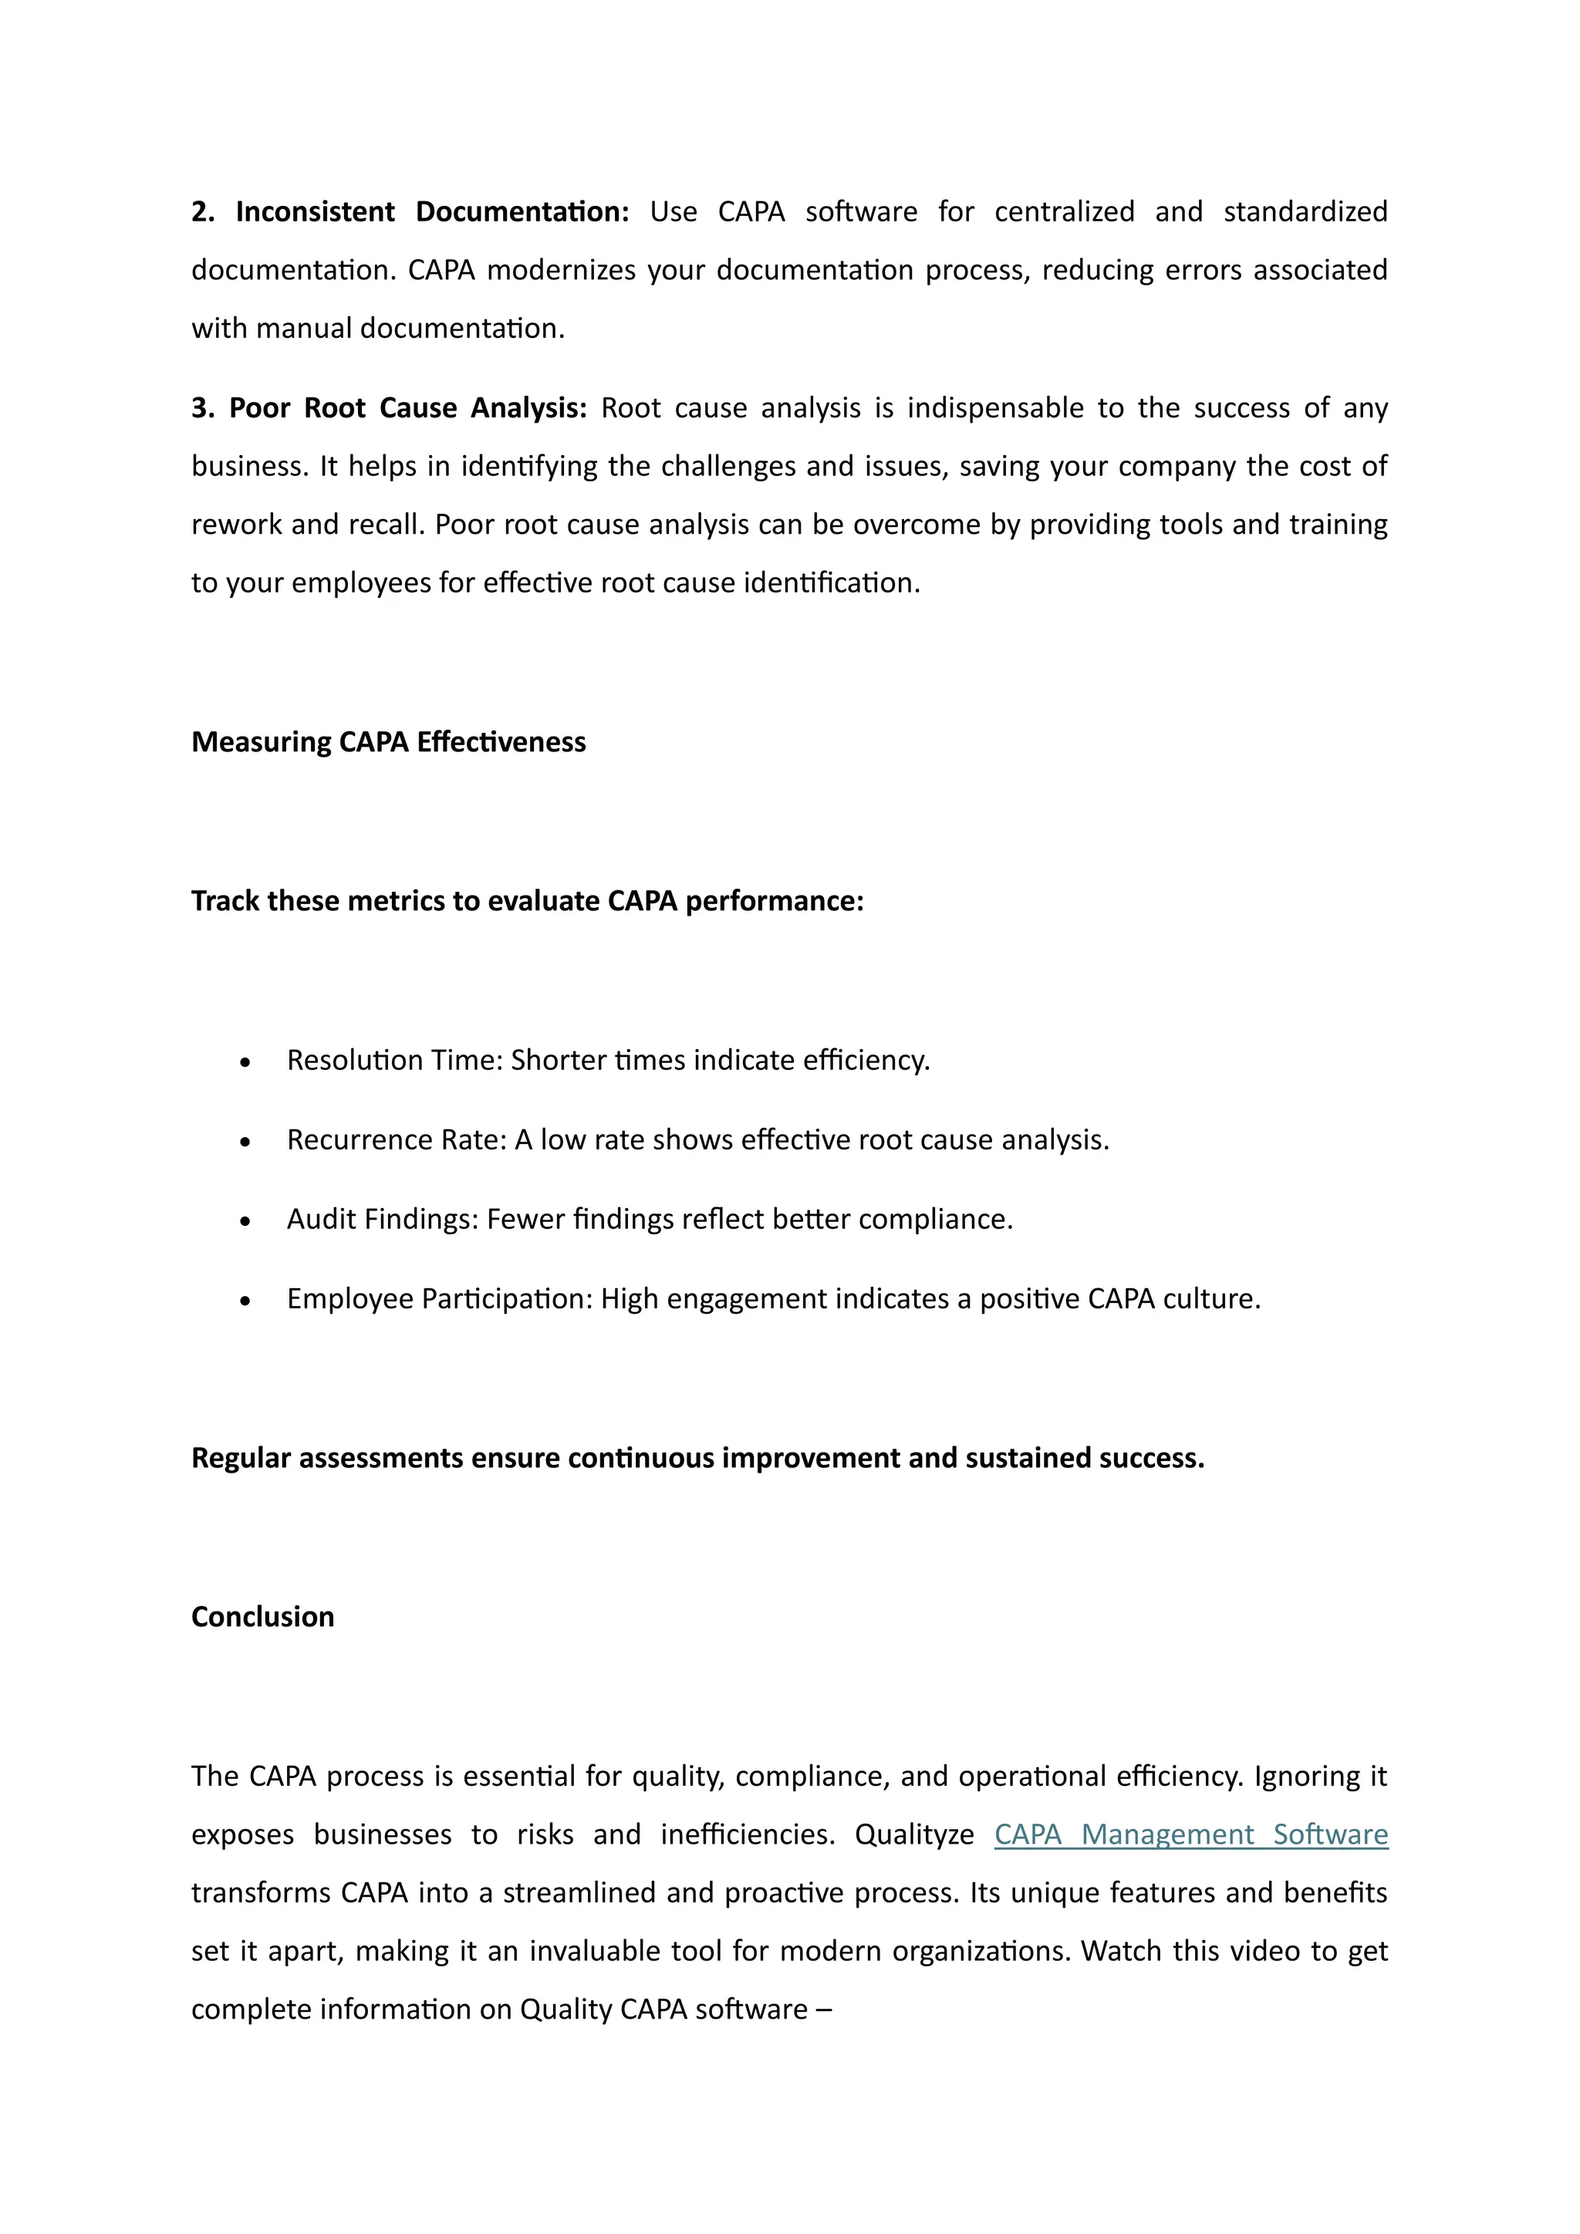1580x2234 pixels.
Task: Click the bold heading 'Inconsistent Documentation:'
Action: (x=432, y=212)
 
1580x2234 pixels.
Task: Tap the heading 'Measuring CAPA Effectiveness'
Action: (x=388, y=742)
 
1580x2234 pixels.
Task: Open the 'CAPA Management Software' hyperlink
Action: (x=1191, y=1835)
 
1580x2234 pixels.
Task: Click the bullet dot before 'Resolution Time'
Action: (x=245, y=1062)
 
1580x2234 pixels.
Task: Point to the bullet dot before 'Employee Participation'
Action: (x=245, y=1301)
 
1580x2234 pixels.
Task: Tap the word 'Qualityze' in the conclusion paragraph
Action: (x=914, y=1835)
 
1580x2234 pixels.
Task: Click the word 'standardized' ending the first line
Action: (x=1305, y=212)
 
